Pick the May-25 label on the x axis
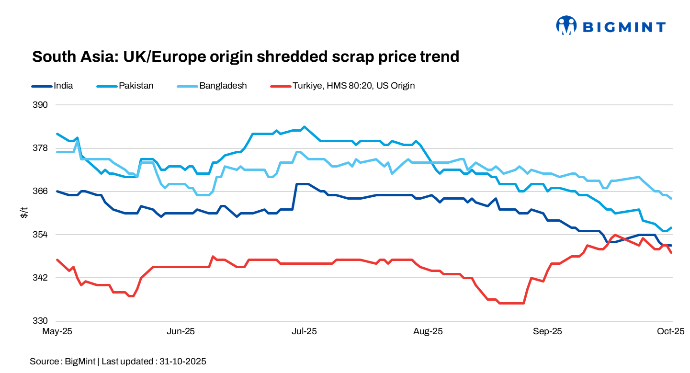coord(57,331)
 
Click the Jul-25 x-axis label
coord(304,331)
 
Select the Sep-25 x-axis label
coord(549,331)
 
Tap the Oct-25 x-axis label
coord(671,331)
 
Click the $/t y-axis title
coord(24,213)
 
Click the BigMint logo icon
coord(566,26)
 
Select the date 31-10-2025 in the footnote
coord(181,362)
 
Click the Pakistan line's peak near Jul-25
coord(304,127)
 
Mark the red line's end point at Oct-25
coord(672,253)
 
